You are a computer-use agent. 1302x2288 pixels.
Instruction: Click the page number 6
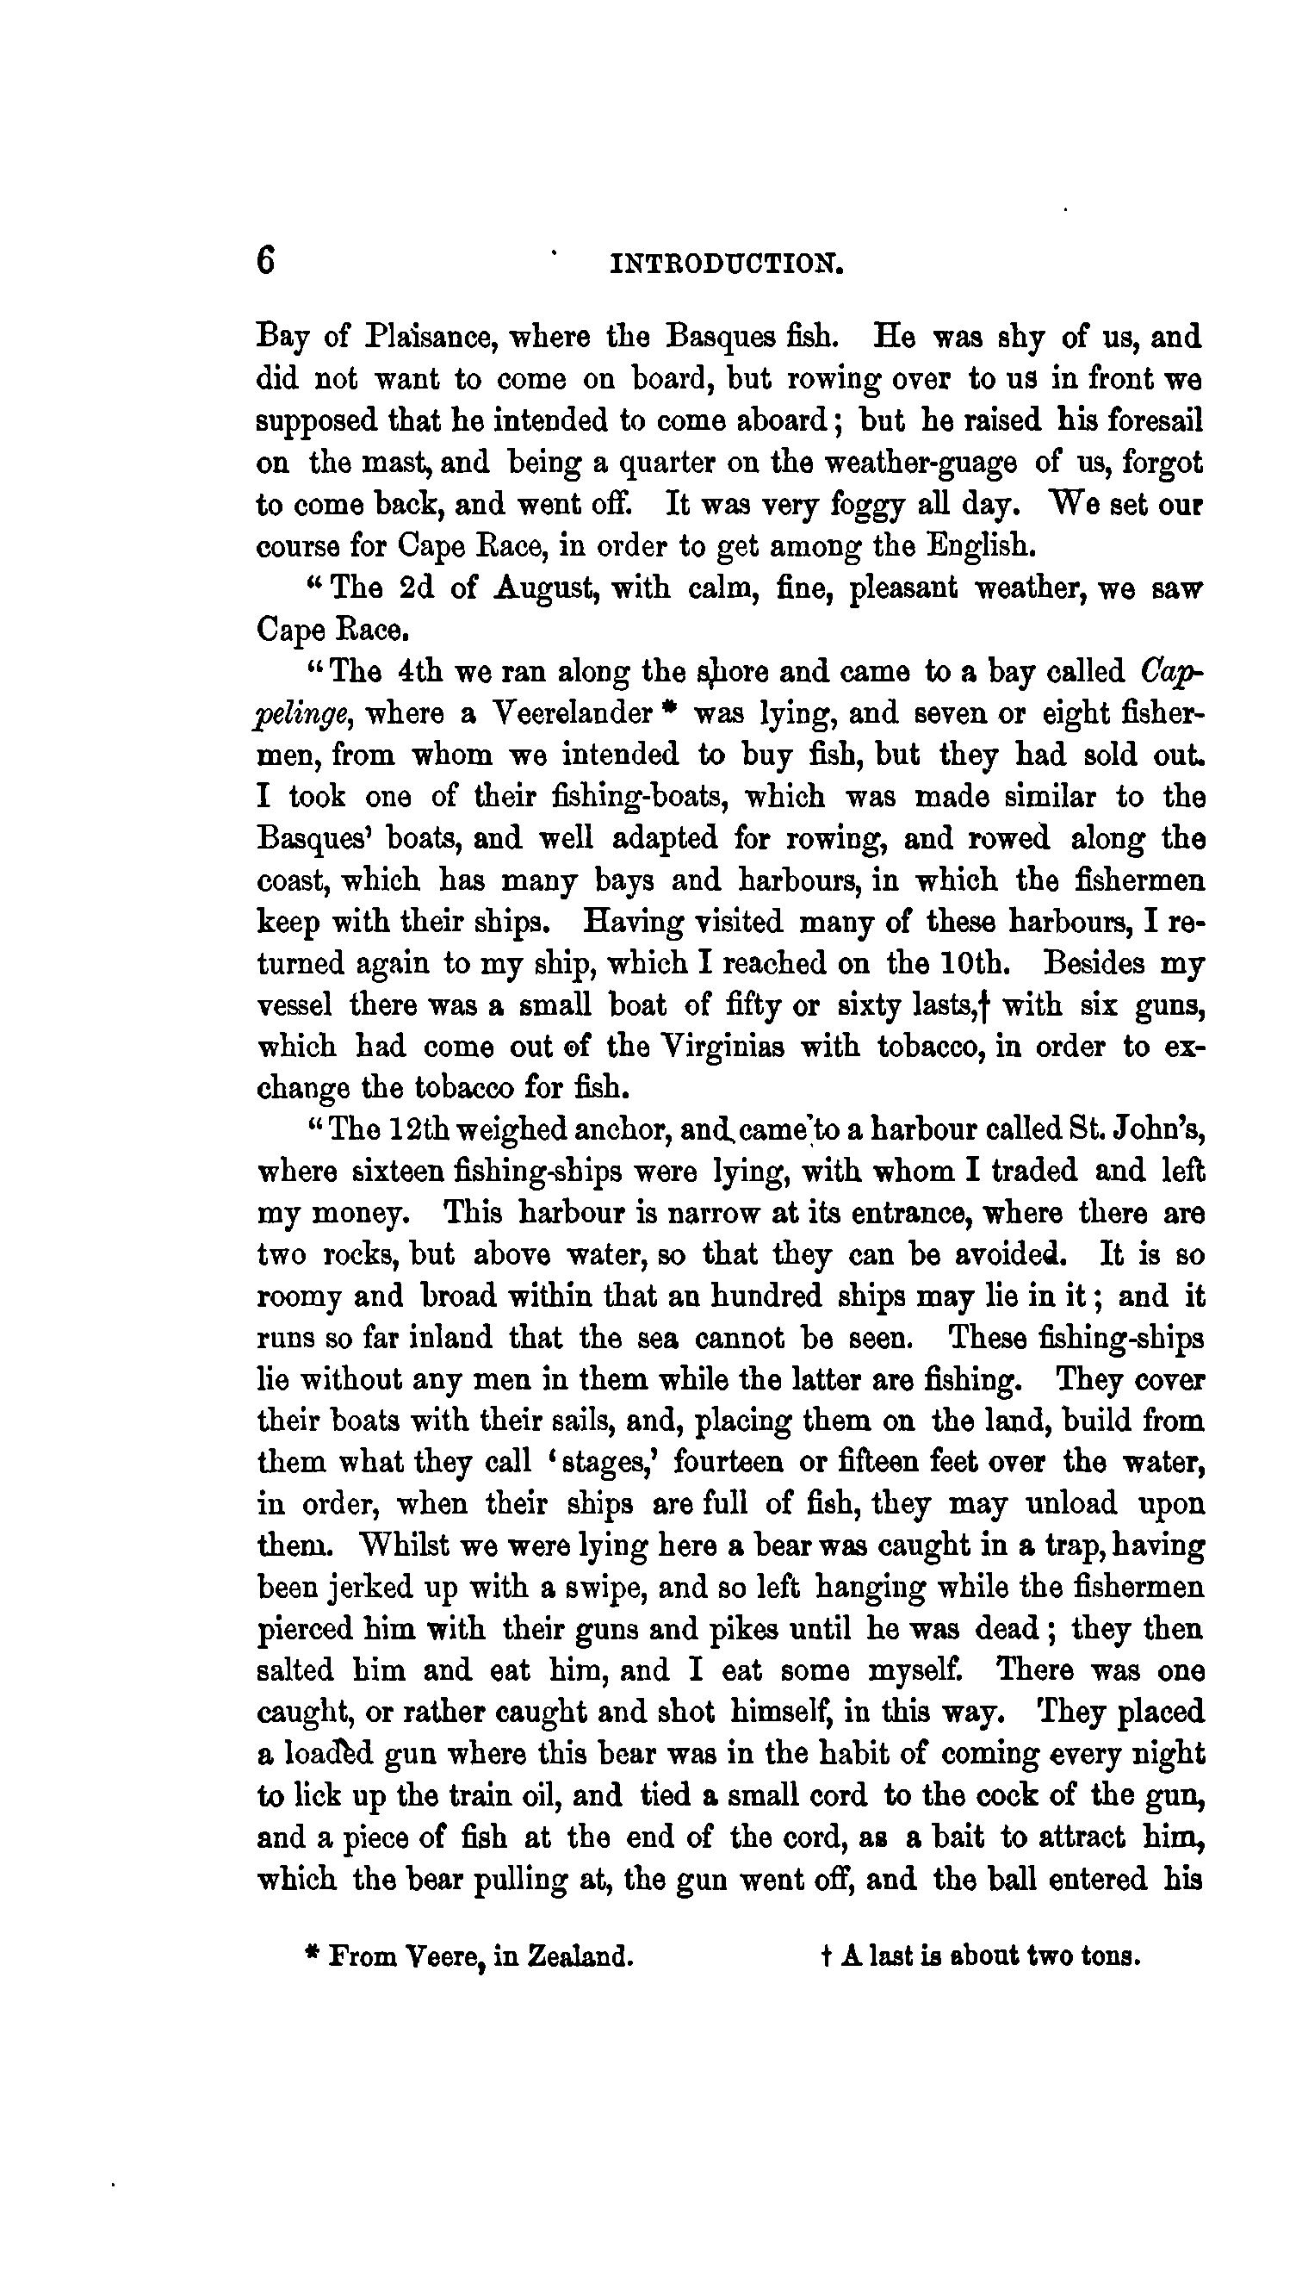click(265, 261)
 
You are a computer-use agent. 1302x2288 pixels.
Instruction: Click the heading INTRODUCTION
click(725, 264)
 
